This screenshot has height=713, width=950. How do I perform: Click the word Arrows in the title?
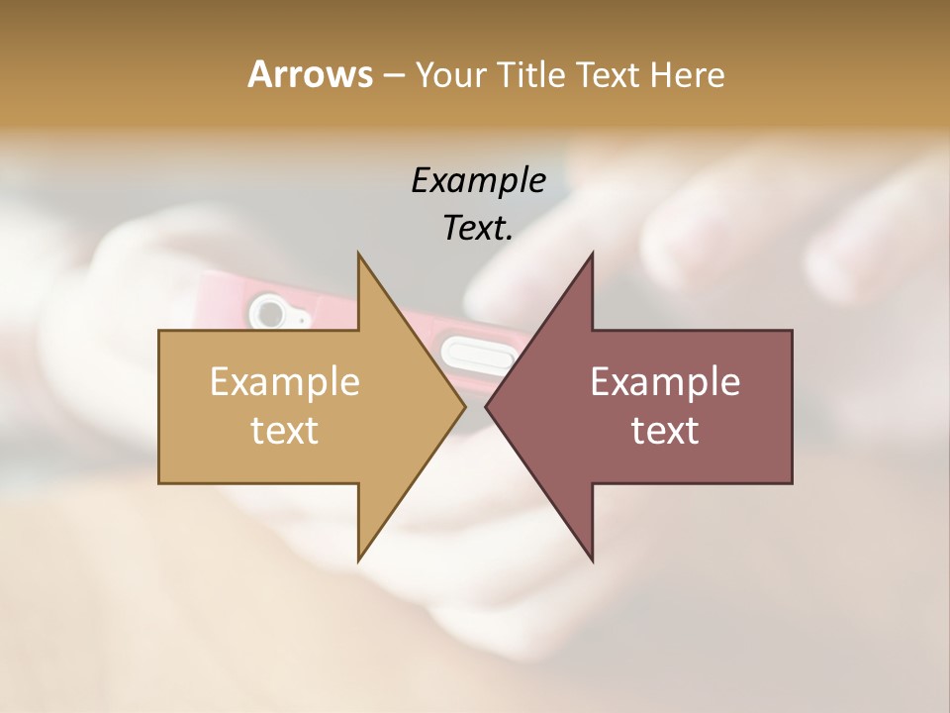[310, 74]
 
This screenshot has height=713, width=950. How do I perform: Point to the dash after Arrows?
[392, 75]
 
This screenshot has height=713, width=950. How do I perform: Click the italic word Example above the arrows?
[478, 180]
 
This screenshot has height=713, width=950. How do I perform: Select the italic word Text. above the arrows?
[478, 228]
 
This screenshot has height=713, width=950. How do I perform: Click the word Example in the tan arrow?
[285, 381]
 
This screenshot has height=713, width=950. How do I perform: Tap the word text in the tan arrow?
[285, 430]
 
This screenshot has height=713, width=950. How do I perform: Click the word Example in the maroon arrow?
[665, 381]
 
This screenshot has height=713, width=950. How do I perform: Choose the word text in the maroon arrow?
[665, 430]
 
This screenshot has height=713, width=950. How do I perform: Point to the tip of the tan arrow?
[463, 406]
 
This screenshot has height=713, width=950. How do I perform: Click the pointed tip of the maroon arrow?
[487, 406]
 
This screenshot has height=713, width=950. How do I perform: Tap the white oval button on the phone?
[480, 352]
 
